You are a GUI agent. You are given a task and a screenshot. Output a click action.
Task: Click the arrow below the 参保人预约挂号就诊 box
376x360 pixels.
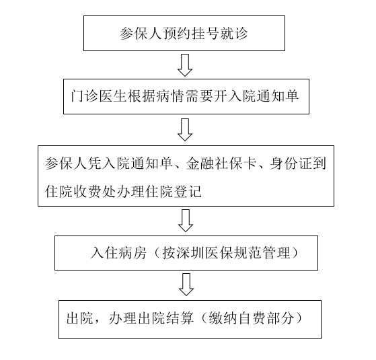185,65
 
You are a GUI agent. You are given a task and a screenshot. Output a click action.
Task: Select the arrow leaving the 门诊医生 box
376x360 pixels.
185,129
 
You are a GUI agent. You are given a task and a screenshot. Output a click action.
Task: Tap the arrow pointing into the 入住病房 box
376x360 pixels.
186,221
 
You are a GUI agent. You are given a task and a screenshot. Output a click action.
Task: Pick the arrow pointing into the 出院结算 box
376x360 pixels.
186,285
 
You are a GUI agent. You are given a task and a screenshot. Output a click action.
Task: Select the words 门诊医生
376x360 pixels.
99,96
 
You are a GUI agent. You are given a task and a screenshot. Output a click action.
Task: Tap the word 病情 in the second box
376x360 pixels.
170,96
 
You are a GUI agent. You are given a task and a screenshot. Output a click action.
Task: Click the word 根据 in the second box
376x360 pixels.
141,96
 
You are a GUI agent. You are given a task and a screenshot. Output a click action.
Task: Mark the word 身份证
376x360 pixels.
291,164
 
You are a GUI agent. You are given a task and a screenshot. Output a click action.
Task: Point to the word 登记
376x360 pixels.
187,191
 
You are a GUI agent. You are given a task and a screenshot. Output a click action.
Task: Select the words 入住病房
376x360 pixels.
118,252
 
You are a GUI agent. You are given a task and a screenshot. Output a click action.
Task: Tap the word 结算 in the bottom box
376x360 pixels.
180,318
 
